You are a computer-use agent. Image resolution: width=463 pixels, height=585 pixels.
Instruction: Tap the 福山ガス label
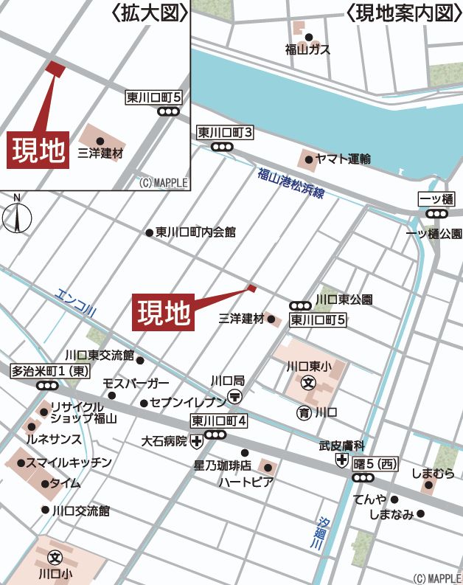click(307, 50)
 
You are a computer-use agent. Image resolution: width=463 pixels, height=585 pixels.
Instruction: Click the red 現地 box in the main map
click(163, 313)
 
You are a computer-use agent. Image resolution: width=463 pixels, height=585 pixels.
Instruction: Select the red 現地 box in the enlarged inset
click(38, 150)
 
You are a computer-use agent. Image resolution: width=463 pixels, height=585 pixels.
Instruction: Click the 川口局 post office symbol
click(234, 397)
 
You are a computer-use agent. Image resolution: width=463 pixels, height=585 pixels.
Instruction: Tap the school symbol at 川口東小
click(307, 382)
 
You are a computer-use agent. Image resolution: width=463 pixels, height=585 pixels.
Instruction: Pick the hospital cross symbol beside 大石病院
click(197, 442)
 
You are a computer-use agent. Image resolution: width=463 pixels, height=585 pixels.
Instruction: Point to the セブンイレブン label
click(187, 403)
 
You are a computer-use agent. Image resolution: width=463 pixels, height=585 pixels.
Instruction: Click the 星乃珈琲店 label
click(223, 466)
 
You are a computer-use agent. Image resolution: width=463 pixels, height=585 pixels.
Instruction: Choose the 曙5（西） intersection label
click(375, 464)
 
